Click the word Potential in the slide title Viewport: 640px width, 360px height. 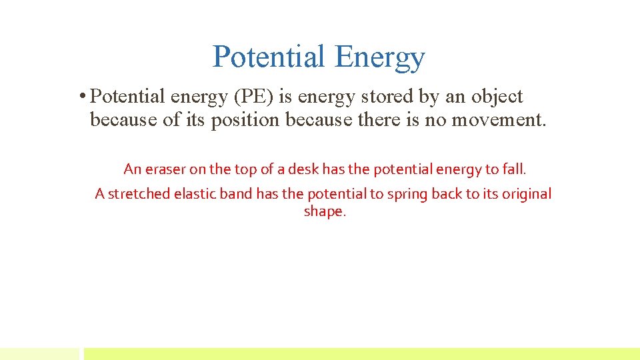tap(269, 57)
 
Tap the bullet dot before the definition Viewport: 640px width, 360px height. tap(81, 97)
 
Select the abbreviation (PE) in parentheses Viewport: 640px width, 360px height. tap(253, 97)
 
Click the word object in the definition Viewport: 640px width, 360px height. tap(497, 97)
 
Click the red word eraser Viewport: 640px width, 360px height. tap(165, 169)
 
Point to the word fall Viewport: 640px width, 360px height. tap(514, 169)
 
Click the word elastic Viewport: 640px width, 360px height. tap(195, 194)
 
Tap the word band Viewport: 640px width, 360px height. tap(235, 194)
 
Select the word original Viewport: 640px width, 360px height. tap(527, 194)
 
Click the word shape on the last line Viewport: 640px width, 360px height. tap(324, 212)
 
